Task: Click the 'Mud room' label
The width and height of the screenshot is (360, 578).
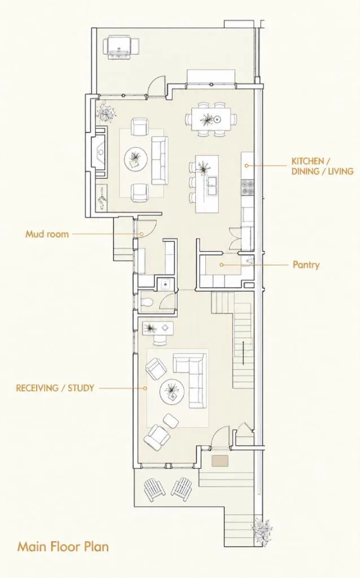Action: (x=47, y=233)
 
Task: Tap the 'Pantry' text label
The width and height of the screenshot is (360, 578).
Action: (x=306, y=264)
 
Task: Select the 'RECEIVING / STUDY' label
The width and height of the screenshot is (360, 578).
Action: (x=55, y=388)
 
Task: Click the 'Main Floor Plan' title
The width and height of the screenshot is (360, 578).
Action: (x=63, y=546)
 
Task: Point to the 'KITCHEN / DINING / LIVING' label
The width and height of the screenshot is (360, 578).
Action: (x=322, y=166)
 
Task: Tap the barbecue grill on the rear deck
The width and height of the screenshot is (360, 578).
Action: (x=122, y=47)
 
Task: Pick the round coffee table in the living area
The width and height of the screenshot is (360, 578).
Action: (x=136, y=159)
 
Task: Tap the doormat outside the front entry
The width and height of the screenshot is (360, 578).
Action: (x=220, y=460)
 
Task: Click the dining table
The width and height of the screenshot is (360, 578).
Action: (x=211, y=119)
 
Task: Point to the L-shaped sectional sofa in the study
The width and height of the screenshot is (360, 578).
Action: (x=190, y=380)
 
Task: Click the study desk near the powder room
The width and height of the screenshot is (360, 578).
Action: (x=158, y=328)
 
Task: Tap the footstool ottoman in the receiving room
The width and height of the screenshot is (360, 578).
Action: (x=171, y=421)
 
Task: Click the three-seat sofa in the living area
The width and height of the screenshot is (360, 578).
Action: (x=160, y=161)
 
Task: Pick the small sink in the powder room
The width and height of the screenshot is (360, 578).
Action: (x=165, y=284)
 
